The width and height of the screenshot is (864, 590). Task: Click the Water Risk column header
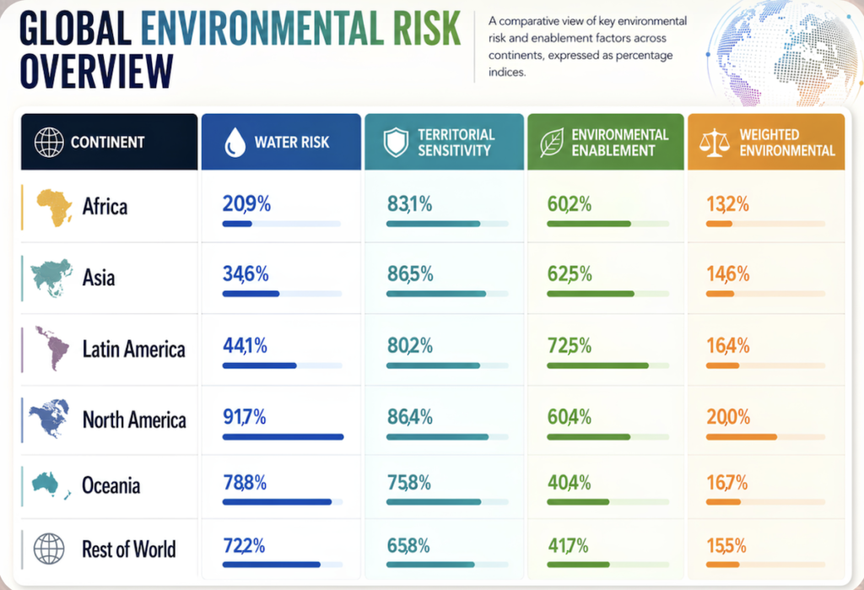(x=281, y=142)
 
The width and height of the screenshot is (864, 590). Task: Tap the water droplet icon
(x=235, y=143)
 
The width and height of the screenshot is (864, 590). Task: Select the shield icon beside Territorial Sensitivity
(x=396, y=143)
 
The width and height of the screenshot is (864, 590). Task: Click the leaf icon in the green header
(x=552, y=143)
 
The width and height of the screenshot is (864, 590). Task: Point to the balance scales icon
(x=714, y=143)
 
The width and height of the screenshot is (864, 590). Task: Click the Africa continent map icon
(x=54, y=208)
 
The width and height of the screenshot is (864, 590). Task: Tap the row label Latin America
(x=134, y=349)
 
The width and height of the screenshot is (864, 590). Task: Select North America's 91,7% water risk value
(x=244, y=417)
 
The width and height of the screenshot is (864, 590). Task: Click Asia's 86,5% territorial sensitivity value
(x=410, y=273)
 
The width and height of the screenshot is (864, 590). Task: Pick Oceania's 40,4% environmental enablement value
(x=570, y=483)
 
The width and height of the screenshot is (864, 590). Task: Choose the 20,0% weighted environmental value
(x=728, y=417)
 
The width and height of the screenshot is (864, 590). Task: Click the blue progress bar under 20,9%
(x=237, y=224)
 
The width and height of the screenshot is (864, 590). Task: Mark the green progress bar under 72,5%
(x=598, y=365)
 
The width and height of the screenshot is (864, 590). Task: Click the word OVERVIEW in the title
(x=96, y=71)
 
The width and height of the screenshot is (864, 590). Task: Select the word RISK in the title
(x=426, y=28)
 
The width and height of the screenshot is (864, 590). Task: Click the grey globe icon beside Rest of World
(x=49, y=549)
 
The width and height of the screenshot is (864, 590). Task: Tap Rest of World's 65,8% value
(x=408, y=546)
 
